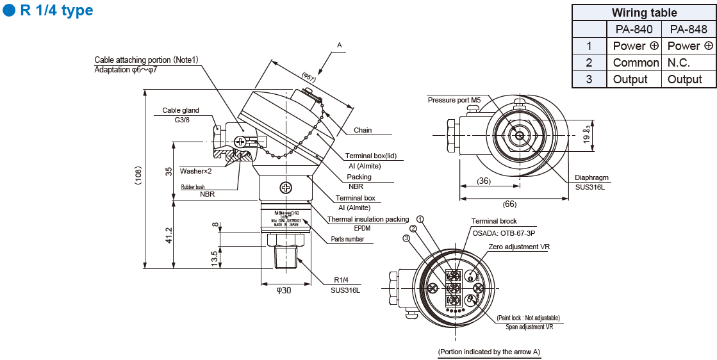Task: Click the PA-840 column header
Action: coord(634,29)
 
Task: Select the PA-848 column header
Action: coord(688,29)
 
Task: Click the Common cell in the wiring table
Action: coord(636,63)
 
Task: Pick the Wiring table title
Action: coord(644,13)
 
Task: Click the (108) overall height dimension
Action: coord(138,176)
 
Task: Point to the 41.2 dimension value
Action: coord(169,235)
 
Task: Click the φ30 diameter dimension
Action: coord(284,290)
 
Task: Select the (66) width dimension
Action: coord(509,204)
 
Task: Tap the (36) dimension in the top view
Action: coord(484,181)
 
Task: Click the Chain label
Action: coord(363,130)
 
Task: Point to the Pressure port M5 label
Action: coord(454,100)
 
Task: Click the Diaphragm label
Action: coord(591,178)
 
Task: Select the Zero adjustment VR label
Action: coord(519,247)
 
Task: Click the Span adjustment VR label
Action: coord(529,327)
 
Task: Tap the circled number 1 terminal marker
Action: coord(420,220)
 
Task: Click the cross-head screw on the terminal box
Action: coord(284,188)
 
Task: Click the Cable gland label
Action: coord(181,110)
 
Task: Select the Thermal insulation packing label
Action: coord(368,219)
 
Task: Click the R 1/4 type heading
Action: coord(56,10)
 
